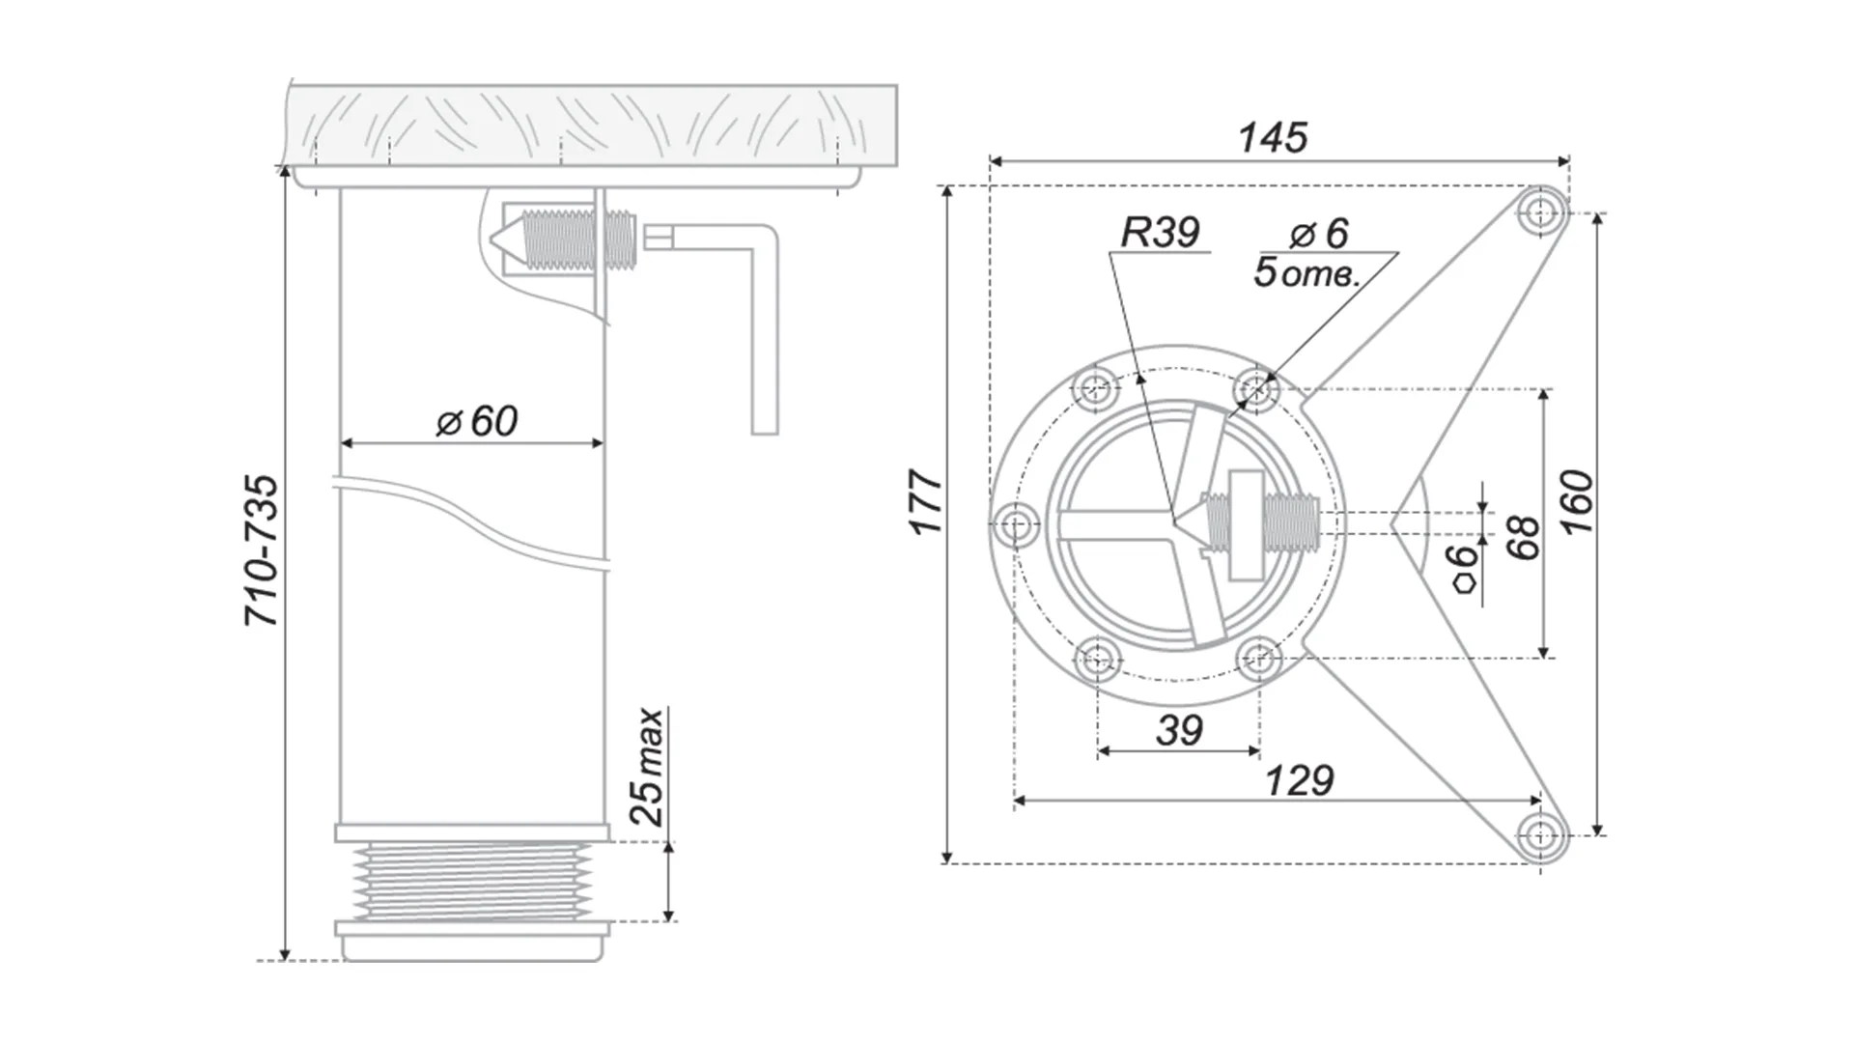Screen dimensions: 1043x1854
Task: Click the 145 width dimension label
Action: click(1273, 138)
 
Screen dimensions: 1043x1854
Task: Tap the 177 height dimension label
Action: click(926, 502)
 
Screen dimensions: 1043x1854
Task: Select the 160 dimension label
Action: click(1576, 502)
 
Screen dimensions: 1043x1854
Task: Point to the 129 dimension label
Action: click(1299, 780)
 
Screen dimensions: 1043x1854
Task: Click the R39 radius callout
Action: click(1160, 233)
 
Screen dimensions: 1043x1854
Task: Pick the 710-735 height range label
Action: click(263, 550)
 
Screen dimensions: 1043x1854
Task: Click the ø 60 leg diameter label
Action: click(477, 421)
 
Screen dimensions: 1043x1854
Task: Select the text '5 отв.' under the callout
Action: click(1306, 273)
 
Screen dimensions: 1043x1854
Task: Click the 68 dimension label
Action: click(1523, 537)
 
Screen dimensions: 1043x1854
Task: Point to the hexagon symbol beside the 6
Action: click(1466, 583)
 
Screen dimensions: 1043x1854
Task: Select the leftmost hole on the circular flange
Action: click(1016, 526)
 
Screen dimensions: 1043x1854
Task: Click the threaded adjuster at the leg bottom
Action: click(472, 879)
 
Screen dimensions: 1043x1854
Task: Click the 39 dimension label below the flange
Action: click(1179, 731)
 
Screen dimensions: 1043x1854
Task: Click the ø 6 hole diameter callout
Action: click(1319, 233)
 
